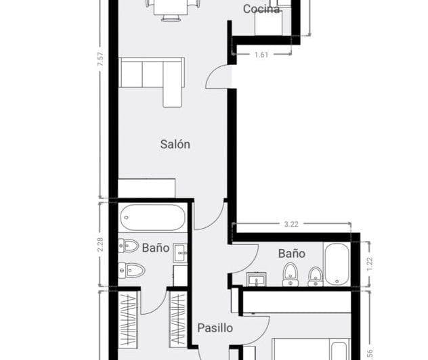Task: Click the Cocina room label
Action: (x=261, y=9)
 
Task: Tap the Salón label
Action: (x=175, y=143)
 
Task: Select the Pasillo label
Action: (x=215, y=328)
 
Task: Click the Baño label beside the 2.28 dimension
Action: (x=155, y=248)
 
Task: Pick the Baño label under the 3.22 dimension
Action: (x=291, y=254)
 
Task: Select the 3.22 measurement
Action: (x=291, y=223)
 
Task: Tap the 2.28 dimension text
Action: (x=100, y=244)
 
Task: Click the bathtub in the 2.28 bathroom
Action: (x=154, y=218)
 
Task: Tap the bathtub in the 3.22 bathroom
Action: (x=336, y=265)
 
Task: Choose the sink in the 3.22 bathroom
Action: (x=256, y=279)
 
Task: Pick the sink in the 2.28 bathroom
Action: (x=179, y=252)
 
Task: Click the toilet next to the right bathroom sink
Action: (x=291, y=273)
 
